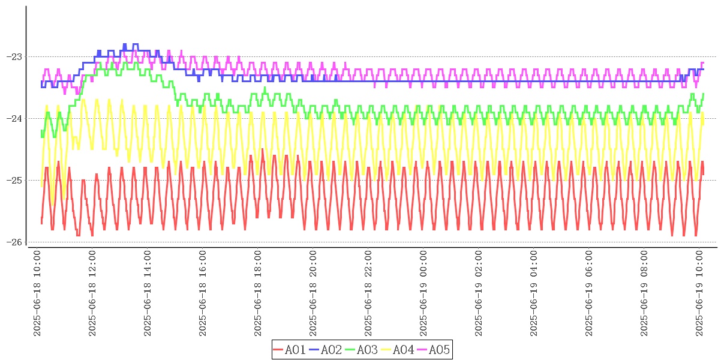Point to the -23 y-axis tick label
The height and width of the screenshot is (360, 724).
[13, 57]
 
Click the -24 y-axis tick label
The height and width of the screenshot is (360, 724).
[13, 119]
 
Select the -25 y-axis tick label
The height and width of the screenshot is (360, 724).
[13, 181]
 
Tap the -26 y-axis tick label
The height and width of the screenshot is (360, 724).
[13, 242]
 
